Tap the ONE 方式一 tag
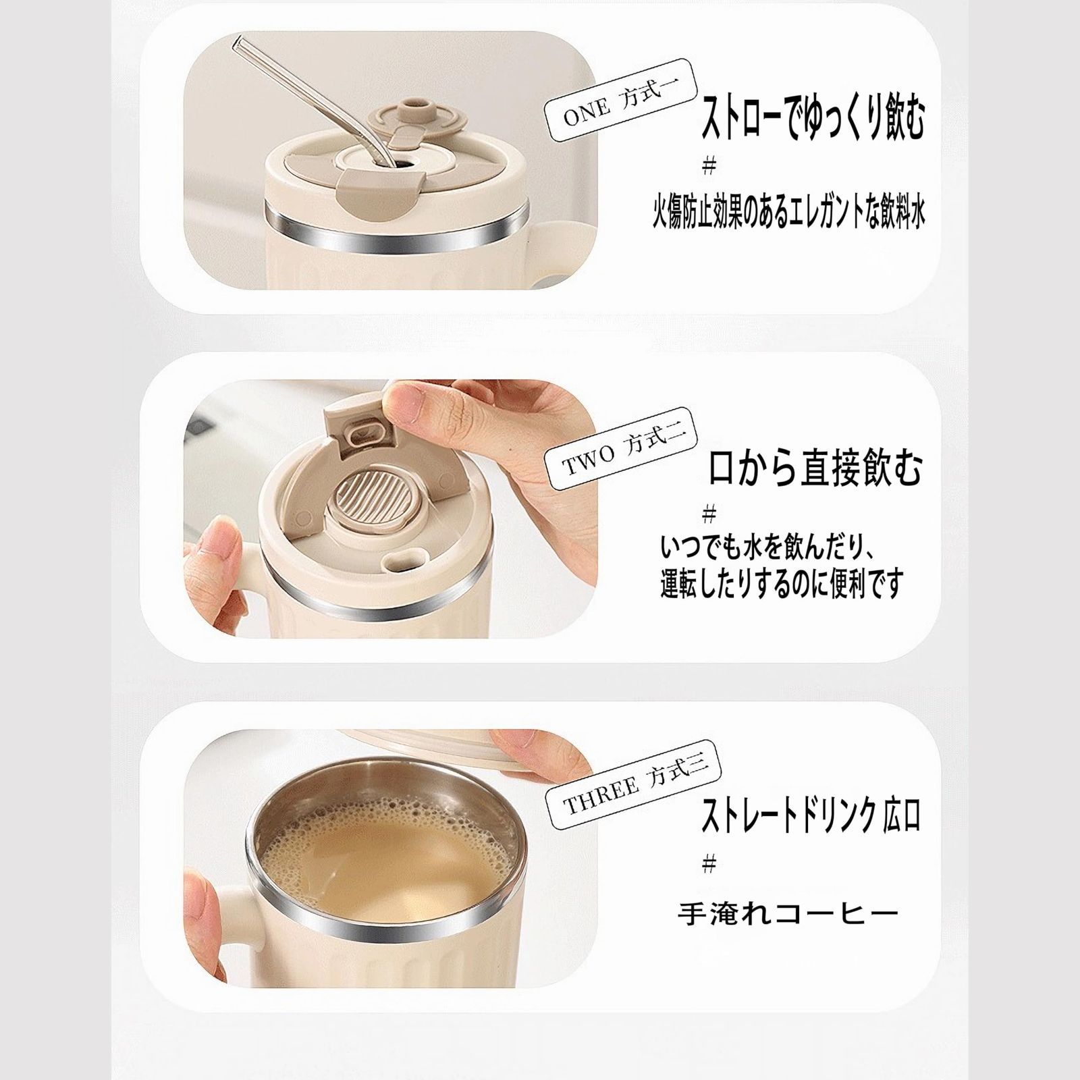pos(622,101)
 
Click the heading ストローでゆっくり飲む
pos(813,116)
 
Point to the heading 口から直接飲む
pos(815,468)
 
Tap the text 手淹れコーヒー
pos(788,914)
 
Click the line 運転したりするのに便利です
pos(782,582)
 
